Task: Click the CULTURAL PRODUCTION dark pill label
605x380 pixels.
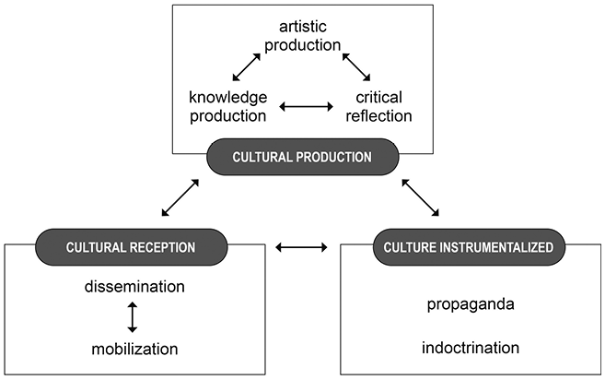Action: point(303,157)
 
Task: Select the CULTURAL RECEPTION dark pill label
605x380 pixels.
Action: point(131,246)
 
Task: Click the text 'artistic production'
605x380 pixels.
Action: point(303,38)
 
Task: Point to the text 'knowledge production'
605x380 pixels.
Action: point(228,106)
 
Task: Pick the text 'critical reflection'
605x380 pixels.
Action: point(378,106)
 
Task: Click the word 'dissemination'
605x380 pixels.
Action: point(134,287)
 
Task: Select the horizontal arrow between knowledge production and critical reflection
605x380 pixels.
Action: point(305,107)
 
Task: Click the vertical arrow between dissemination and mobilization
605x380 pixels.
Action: point(133,317)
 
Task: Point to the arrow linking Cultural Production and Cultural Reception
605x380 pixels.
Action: point(180,197)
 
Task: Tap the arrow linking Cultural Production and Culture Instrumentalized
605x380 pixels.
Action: point(422,197)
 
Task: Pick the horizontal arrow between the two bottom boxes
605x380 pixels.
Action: point(303,247)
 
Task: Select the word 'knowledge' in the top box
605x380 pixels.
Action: point(228,96)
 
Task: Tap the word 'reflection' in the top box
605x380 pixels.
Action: point(378,116)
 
